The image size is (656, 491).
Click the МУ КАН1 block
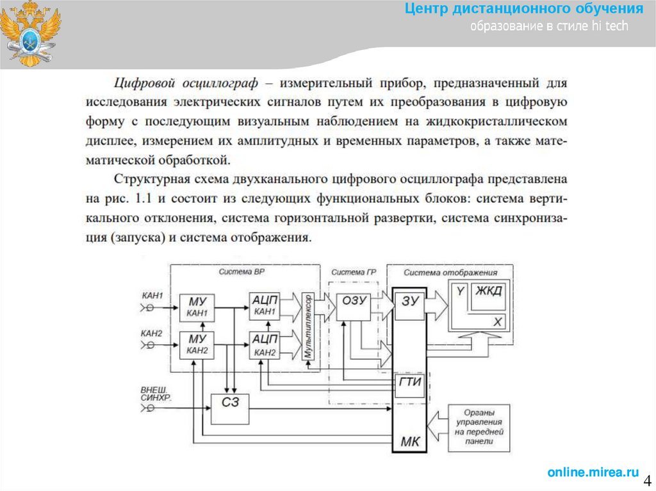(x=197, y=307)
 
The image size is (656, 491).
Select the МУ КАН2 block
(x=197, y=344)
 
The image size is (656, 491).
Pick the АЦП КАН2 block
(x=265, y=344)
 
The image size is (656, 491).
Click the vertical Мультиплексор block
(x=308, y=326)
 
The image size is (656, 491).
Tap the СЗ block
(x=229, y=408)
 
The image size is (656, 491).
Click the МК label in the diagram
(x=410, y=440)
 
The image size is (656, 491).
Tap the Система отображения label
(x=450, y=272)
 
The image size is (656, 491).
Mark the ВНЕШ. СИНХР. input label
(x=156, y=393)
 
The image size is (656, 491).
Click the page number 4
(x=647, y=480)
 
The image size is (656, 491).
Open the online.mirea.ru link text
(x=593, y=472)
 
